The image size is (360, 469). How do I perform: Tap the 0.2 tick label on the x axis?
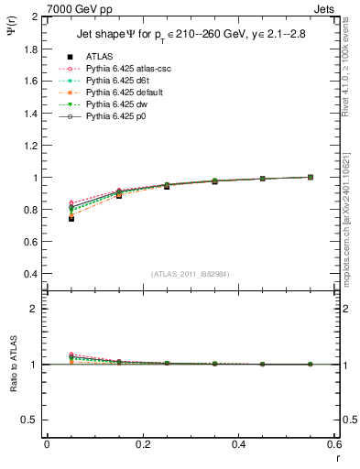[142, 443]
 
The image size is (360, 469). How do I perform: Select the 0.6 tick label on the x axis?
[333, 443]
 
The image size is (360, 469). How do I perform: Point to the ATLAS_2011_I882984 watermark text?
[190, 274]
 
